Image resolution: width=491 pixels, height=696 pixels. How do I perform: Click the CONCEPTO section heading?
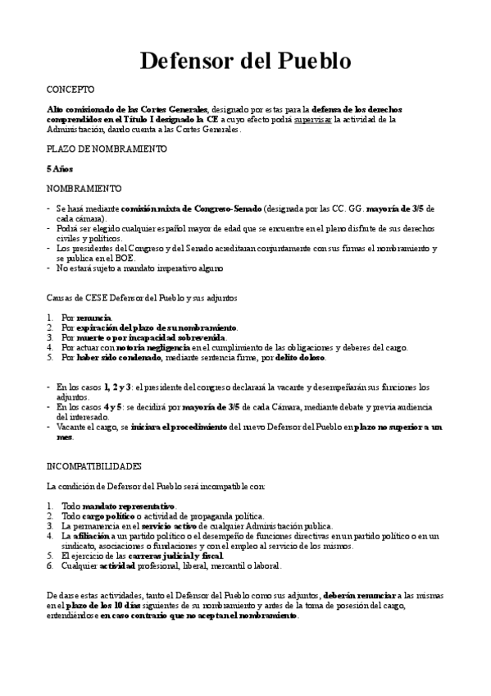point(70,89)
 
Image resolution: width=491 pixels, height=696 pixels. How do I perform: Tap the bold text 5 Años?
point(60,169)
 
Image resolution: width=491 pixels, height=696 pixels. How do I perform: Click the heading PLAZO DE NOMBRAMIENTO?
point(107,149)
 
